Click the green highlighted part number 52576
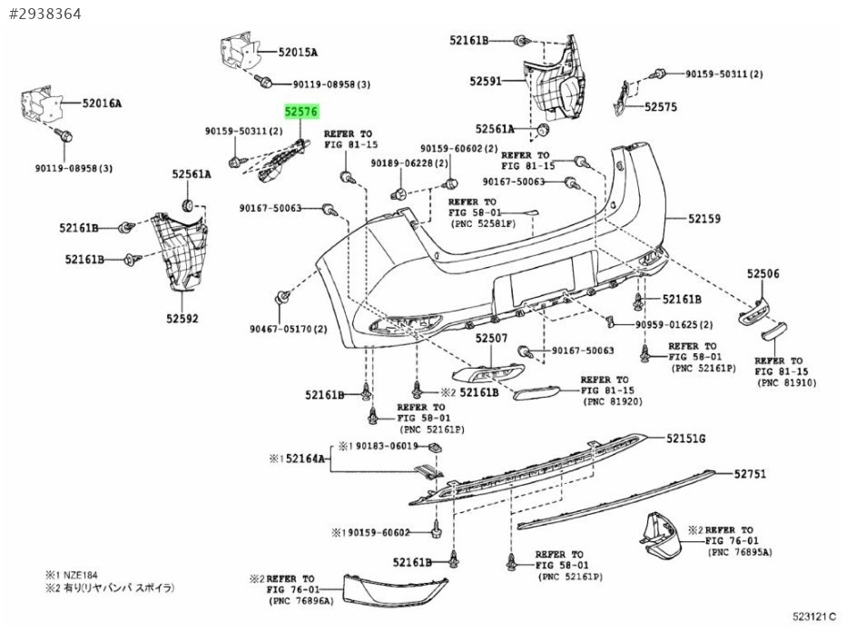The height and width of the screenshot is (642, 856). (300, 112)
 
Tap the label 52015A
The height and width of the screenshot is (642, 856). (298, 53)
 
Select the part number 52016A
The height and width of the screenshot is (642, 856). (102, 103)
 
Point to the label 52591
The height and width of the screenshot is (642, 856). (486, 81)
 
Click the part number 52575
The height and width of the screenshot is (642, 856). (661, 106)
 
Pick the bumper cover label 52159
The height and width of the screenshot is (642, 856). (704, 218)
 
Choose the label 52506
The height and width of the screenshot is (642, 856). (763, 273)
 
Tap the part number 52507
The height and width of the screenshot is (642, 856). (491, 339)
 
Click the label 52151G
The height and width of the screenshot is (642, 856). (685, 439)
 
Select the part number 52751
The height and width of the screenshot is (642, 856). (750, 474)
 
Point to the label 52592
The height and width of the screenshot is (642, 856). (182, 318)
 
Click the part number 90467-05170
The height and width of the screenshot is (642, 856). (281, 330)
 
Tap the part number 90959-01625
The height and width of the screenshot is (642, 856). (666, 325)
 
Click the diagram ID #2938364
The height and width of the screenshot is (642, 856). (45, 14)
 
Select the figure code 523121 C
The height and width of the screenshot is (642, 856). (814, 617)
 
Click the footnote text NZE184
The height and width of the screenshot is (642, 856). (81, 575)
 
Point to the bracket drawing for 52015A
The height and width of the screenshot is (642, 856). (239, 52)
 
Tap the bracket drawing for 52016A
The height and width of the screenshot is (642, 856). (43, 104)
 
